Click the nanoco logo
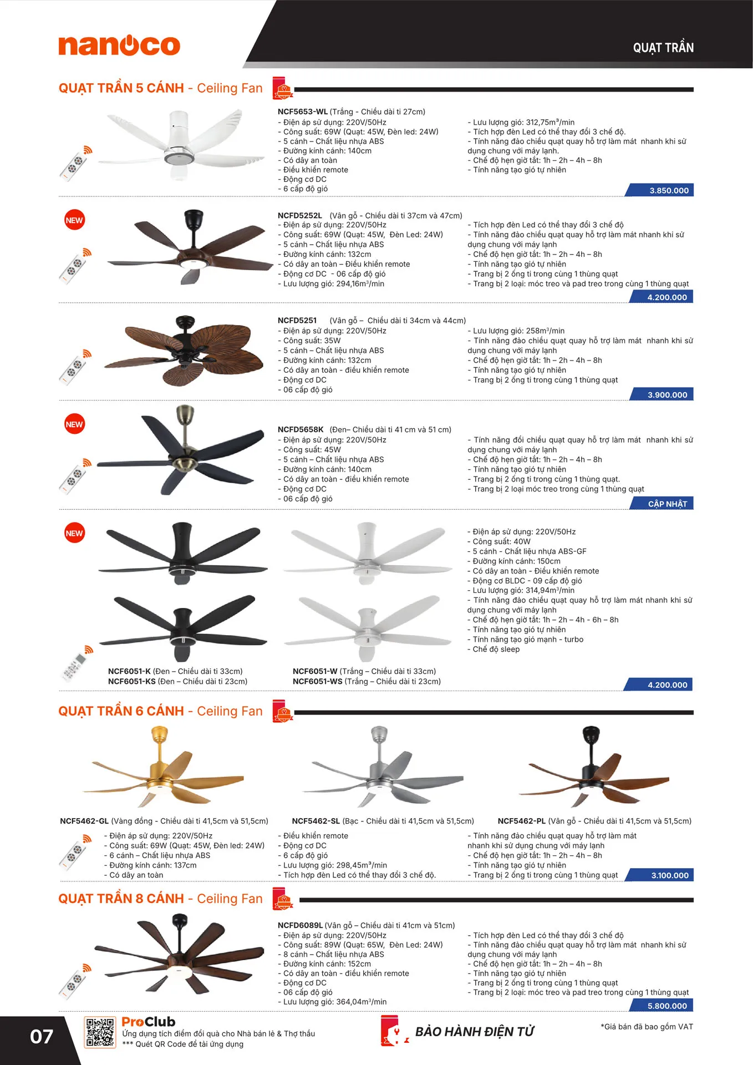click(x=119, y=45)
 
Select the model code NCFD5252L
click(x=300, y=215)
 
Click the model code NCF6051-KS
click(x=132, y=681)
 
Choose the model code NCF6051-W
click(x=315, y=671)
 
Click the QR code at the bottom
click(x=100, y=1032)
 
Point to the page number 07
click(x=42, y=1037)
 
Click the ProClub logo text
click(x=149, y=1022)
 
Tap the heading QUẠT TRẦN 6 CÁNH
click(x=121, y=711)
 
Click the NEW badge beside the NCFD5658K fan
click(x=74, y=424)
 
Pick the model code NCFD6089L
click(x=300, y=925)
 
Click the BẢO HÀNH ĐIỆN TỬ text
click(x=475, y=1032)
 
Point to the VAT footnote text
click(x=647, y=1027)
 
